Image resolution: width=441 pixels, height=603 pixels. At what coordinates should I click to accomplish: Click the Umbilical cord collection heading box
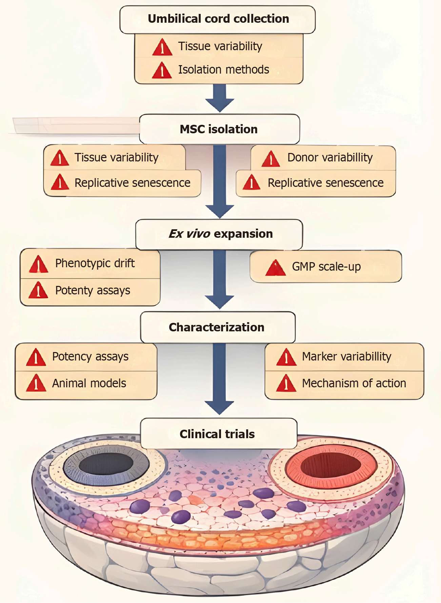click(218, 19)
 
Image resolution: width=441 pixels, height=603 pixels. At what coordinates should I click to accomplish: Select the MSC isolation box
click(219, 129)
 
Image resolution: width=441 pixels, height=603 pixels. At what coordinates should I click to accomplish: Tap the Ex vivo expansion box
click(219, 234)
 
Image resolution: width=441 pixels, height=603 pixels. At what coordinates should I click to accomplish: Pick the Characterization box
click(217, 327)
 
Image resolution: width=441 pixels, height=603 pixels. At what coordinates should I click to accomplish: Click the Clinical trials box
click(218, 434)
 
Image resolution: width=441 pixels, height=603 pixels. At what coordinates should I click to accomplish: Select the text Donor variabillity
click(330, 158)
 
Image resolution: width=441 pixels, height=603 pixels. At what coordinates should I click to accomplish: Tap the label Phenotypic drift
click(95, 263)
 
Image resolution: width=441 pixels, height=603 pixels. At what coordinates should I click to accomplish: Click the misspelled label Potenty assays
click(93, 291)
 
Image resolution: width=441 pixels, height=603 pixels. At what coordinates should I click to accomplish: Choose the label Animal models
click(89, 383)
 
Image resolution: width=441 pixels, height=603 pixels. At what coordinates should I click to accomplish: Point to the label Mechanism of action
click(354, 383)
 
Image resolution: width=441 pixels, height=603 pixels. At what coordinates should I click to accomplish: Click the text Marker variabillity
click(346, 356)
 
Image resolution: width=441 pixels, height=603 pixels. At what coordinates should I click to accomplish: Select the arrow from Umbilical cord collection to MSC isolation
click(220, 98)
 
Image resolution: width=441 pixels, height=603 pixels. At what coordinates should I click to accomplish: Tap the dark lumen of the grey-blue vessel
click(106, 464)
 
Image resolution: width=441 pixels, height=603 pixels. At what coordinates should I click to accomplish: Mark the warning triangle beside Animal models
click(36, 384)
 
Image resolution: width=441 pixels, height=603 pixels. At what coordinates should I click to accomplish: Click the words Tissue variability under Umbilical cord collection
click(220, 46)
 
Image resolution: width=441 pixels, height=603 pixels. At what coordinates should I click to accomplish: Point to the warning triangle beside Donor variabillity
click(271, 159)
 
